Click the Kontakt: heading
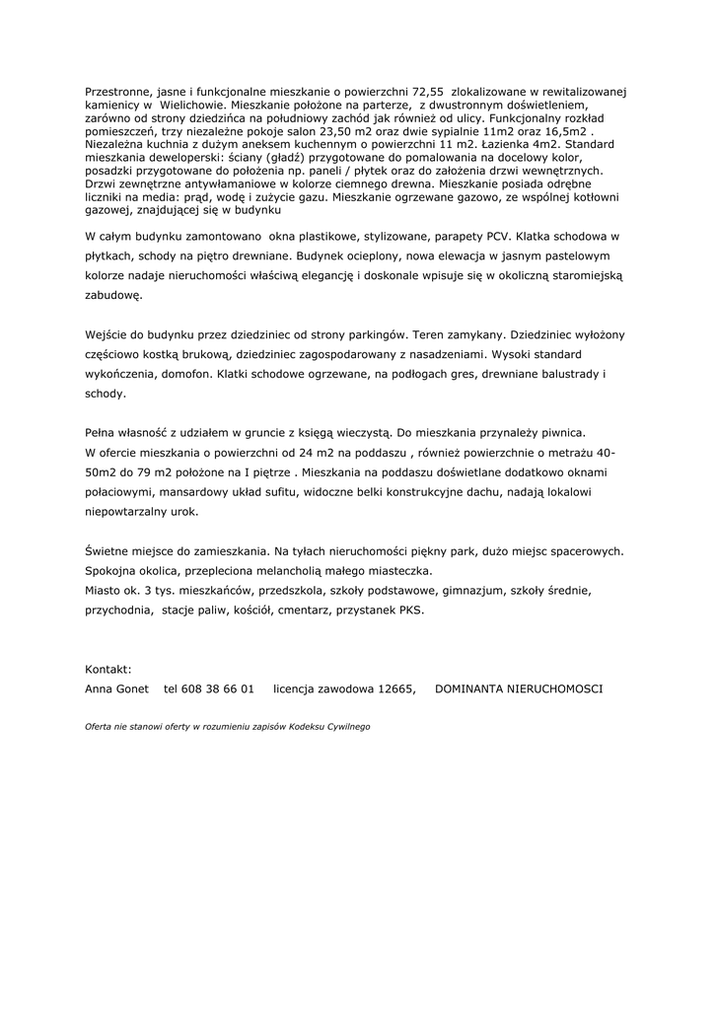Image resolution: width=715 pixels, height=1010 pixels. (x=108, y=669)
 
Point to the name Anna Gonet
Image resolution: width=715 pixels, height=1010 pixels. (x=117, y=688)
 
